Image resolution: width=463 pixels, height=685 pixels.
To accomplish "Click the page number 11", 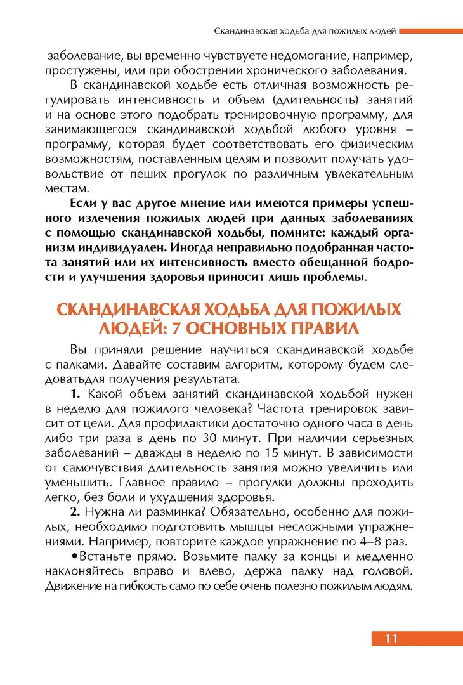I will coord(391,638).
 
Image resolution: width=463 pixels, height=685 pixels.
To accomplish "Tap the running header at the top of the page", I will coord(305,30).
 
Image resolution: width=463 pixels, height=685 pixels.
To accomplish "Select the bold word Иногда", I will coord(197,248).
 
